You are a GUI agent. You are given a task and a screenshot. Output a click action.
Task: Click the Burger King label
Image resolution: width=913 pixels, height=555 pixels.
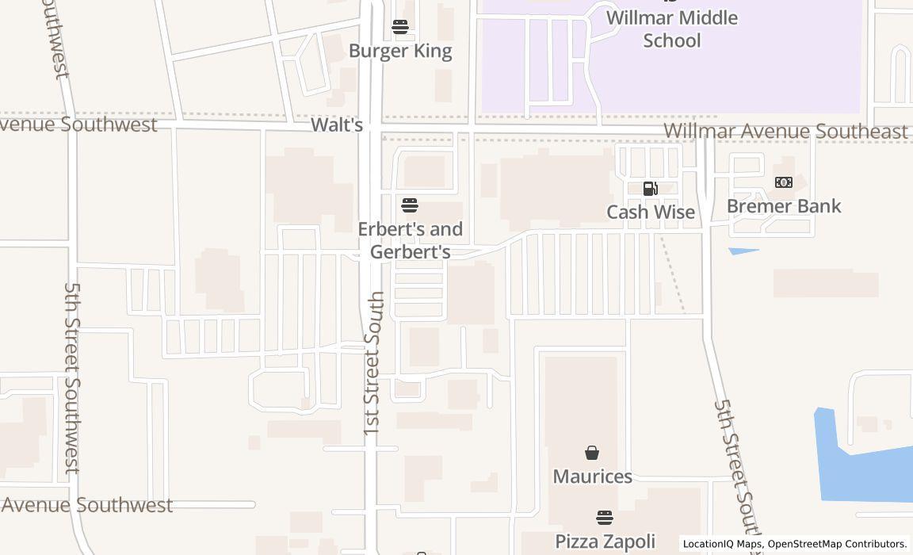(x=400, y=51)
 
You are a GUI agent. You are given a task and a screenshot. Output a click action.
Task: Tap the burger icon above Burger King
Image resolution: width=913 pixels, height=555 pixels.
(x=400, y=28)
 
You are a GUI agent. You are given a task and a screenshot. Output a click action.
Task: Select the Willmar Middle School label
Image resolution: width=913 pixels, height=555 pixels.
(x=671, y=29)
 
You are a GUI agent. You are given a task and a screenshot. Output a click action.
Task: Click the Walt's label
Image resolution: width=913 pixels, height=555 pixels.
(x=337, y=124)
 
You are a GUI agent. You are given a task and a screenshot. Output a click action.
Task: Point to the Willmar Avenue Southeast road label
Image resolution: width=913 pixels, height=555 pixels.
(x=785, y=131)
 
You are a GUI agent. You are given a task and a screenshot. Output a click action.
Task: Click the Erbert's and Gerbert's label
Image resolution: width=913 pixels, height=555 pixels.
(x=410, y=240)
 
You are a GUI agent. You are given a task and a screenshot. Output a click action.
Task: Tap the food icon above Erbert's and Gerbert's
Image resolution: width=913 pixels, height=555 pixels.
(x=410, y=206)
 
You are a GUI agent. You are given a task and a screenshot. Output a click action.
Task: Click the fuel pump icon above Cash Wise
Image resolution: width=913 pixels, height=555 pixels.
(x=650, y=189)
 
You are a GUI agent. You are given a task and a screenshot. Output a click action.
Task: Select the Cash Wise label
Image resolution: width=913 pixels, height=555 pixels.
(x=651, y=212)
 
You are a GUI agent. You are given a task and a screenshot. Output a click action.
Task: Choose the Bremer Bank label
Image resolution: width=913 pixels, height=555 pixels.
(x=784, y=206)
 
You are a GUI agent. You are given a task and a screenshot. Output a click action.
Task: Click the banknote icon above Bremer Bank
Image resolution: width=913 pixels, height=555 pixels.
(x=784, y=182)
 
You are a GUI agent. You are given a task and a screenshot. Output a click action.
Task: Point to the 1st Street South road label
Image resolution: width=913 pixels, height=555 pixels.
(x=374, y=363)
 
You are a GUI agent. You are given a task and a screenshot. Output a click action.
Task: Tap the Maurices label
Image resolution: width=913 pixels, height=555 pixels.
(x=592, y=477)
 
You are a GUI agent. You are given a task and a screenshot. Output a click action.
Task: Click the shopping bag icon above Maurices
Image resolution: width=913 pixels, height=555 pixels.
(x=592, y=453)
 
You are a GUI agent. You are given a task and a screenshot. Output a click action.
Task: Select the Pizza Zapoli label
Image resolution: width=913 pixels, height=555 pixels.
(x=605, y=542)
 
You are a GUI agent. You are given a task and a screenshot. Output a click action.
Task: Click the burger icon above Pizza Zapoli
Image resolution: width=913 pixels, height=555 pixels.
(x=605, y=518)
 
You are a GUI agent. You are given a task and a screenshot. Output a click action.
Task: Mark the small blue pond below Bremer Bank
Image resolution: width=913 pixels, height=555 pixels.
(x=743, y=251)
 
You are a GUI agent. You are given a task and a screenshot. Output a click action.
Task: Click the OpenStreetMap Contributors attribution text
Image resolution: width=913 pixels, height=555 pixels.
(x=836, y=544)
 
